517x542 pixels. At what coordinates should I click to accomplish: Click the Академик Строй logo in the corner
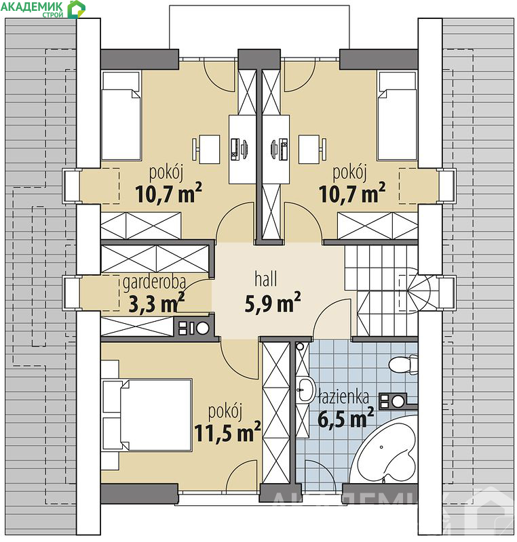coord(43,9)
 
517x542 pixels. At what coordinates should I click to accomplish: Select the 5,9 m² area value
coord(272,303)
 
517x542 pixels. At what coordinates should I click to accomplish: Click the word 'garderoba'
coord(154,283)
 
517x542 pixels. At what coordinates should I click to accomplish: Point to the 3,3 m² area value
coord(156,304)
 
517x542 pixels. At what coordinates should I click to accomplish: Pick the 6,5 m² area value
coord(345,418)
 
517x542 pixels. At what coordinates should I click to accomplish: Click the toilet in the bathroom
coord(404,364)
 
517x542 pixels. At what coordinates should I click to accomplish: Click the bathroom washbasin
coord(305,390)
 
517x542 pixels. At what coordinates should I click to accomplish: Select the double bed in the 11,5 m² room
coord(147,415)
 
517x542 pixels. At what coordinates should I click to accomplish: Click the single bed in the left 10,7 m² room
coord(121,116)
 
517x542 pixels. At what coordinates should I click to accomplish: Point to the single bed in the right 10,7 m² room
coord(398,116)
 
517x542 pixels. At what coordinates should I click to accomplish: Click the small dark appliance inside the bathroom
coord(393,401)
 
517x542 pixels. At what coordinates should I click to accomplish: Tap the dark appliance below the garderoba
coord(193,327)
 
